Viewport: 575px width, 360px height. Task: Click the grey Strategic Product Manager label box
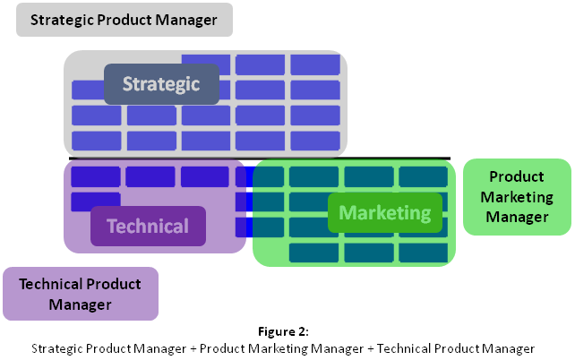point(124,20)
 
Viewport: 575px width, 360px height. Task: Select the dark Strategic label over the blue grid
point(161,84)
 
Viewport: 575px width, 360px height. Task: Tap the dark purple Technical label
point(148,226)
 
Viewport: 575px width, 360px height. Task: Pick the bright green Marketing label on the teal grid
point(385,213)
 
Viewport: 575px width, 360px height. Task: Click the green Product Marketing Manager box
point(516,197)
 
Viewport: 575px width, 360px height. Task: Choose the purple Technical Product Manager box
point(80,294)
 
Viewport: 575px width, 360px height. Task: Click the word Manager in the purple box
point(80,304)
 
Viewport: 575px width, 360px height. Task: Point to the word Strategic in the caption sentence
point(54,347)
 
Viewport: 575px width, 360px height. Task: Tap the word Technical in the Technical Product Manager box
point(49,284)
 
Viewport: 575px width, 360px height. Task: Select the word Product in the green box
point(516,177)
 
